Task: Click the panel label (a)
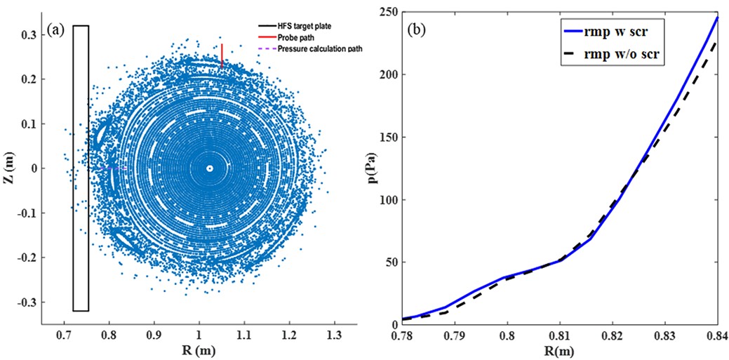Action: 57,30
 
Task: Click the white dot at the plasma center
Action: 209,168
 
